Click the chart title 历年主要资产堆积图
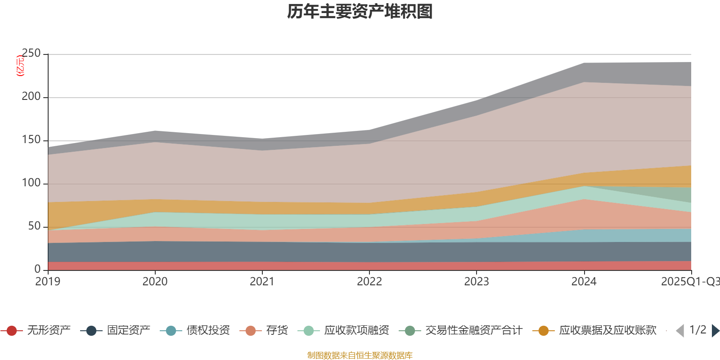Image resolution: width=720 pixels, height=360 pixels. (360, 12)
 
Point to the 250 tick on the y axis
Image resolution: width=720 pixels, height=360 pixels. (31, 54)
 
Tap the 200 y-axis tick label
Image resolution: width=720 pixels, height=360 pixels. (31, 97)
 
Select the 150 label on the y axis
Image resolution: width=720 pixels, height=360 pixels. (31, 140)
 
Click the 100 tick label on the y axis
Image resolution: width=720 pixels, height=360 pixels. (31, 183)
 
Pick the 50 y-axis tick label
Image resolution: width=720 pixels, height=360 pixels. (34, 226)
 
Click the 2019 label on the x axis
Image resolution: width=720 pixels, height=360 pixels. (48, 282)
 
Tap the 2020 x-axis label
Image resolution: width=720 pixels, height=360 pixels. (155, 282)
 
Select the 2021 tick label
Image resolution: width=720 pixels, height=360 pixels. (262, 282)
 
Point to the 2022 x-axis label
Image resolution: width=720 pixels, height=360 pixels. (369, 282)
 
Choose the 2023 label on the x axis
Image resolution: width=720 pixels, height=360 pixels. (477, 282)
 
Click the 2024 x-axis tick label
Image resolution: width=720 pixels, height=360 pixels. (584, 282)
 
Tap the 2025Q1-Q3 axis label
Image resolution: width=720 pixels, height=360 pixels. (689, 282)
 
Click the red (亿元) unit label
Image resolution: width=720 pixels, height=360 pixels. (20, 66)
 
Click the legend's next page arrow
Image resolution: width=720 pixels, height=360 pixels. (715, 331)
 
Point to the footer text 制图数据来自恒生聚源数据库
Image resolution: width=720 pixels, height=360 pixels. (360, 355)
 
